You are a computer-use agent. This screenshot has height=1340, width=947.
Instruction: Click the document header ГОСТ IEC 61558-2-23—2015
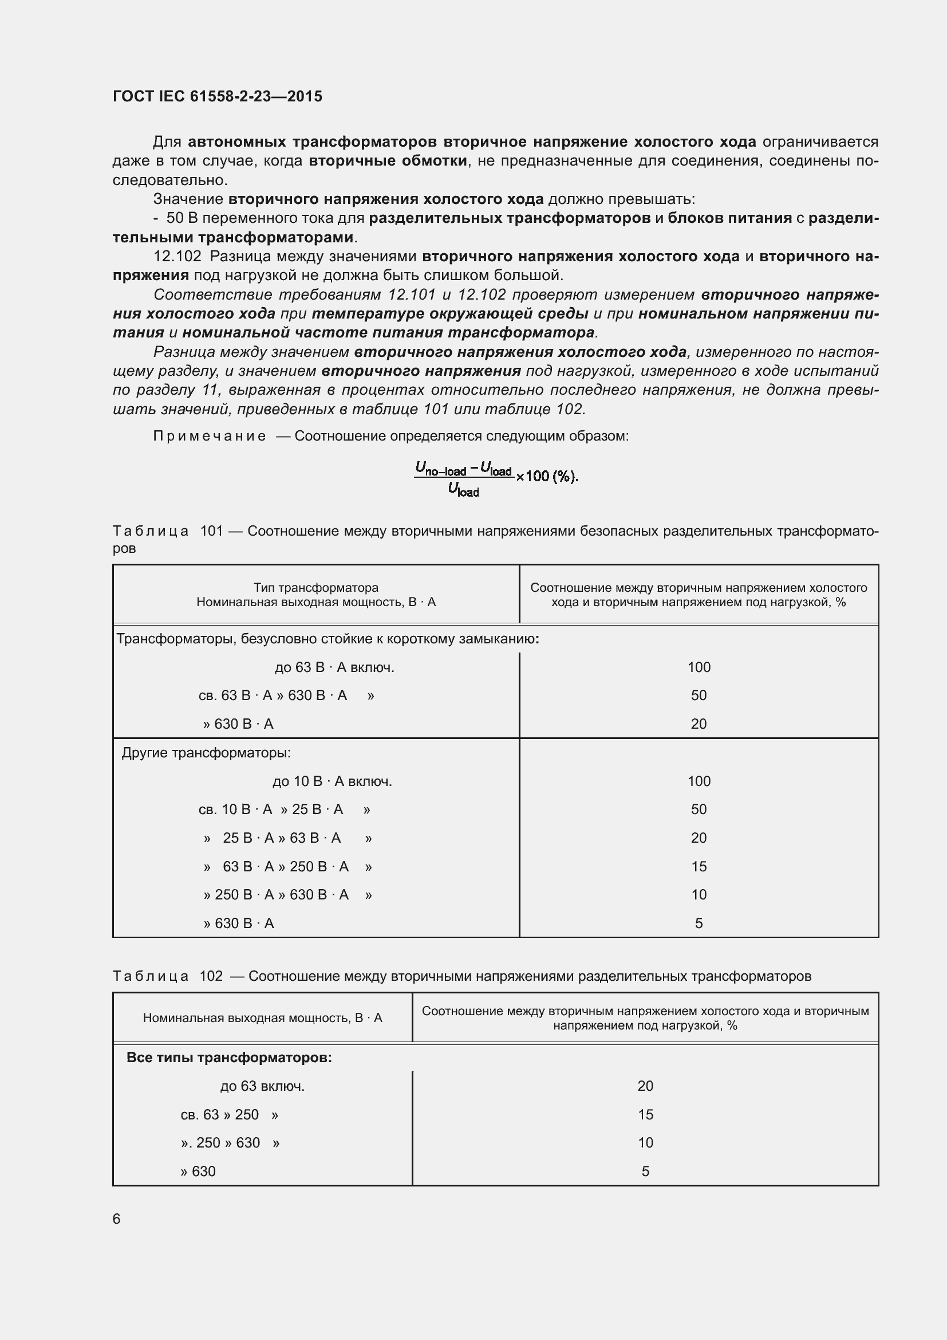217,97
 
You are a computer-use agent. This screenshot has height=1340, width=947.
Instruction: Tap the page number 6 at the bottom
117,1219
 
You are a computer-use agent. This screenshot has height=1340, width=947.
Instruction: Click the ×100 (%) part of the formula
546,476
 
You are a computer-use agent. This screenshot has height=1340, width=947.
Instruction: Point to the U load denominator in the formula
464,490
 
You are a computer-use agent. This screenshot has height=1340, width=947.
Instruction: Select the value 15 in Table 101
699,867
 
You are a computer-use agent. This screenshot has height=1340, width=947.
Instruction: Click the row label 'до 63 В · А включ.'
334,667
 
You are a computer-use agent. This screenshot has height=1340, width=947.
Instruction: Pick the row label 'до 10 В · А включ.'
332,781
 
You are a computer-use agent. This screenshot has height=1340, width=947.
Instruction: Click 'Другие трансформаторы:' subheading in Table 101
206,753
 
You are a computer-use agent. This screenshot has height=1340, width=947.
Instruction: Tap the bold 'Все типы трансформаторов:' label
229,1058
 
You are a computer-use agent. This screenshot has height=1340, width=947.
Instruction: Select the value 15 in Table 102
645,1115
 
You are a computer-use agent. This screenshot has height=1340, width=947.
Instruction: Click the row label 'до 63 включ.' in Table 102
262,1086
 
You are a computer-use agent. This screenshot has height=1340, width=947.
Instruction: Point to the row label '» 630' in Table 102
198,1172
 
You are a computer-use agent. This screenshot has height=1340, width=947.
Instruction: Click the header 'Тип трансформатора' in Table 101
316,588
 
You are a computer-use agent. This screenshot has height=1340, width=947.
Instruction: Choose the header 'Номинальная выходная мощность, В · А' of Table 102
262,1018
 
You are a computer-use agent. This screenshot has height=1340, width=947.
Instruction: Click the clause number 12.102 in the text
177,257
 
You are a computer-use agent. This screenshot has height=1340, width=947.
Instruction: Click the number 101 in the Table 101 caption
212,531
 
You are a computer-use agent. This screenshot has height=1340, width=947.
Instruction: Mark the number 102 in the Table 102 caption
211,976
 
